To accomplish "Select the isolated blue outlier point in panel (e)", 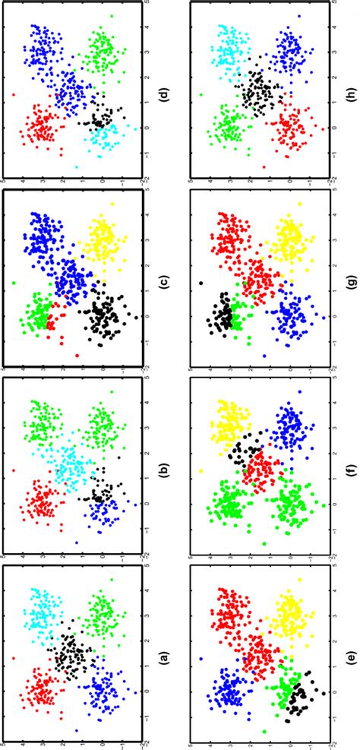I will [201, 658].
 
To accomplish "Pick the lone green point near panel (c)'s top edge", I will [16, 283].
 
